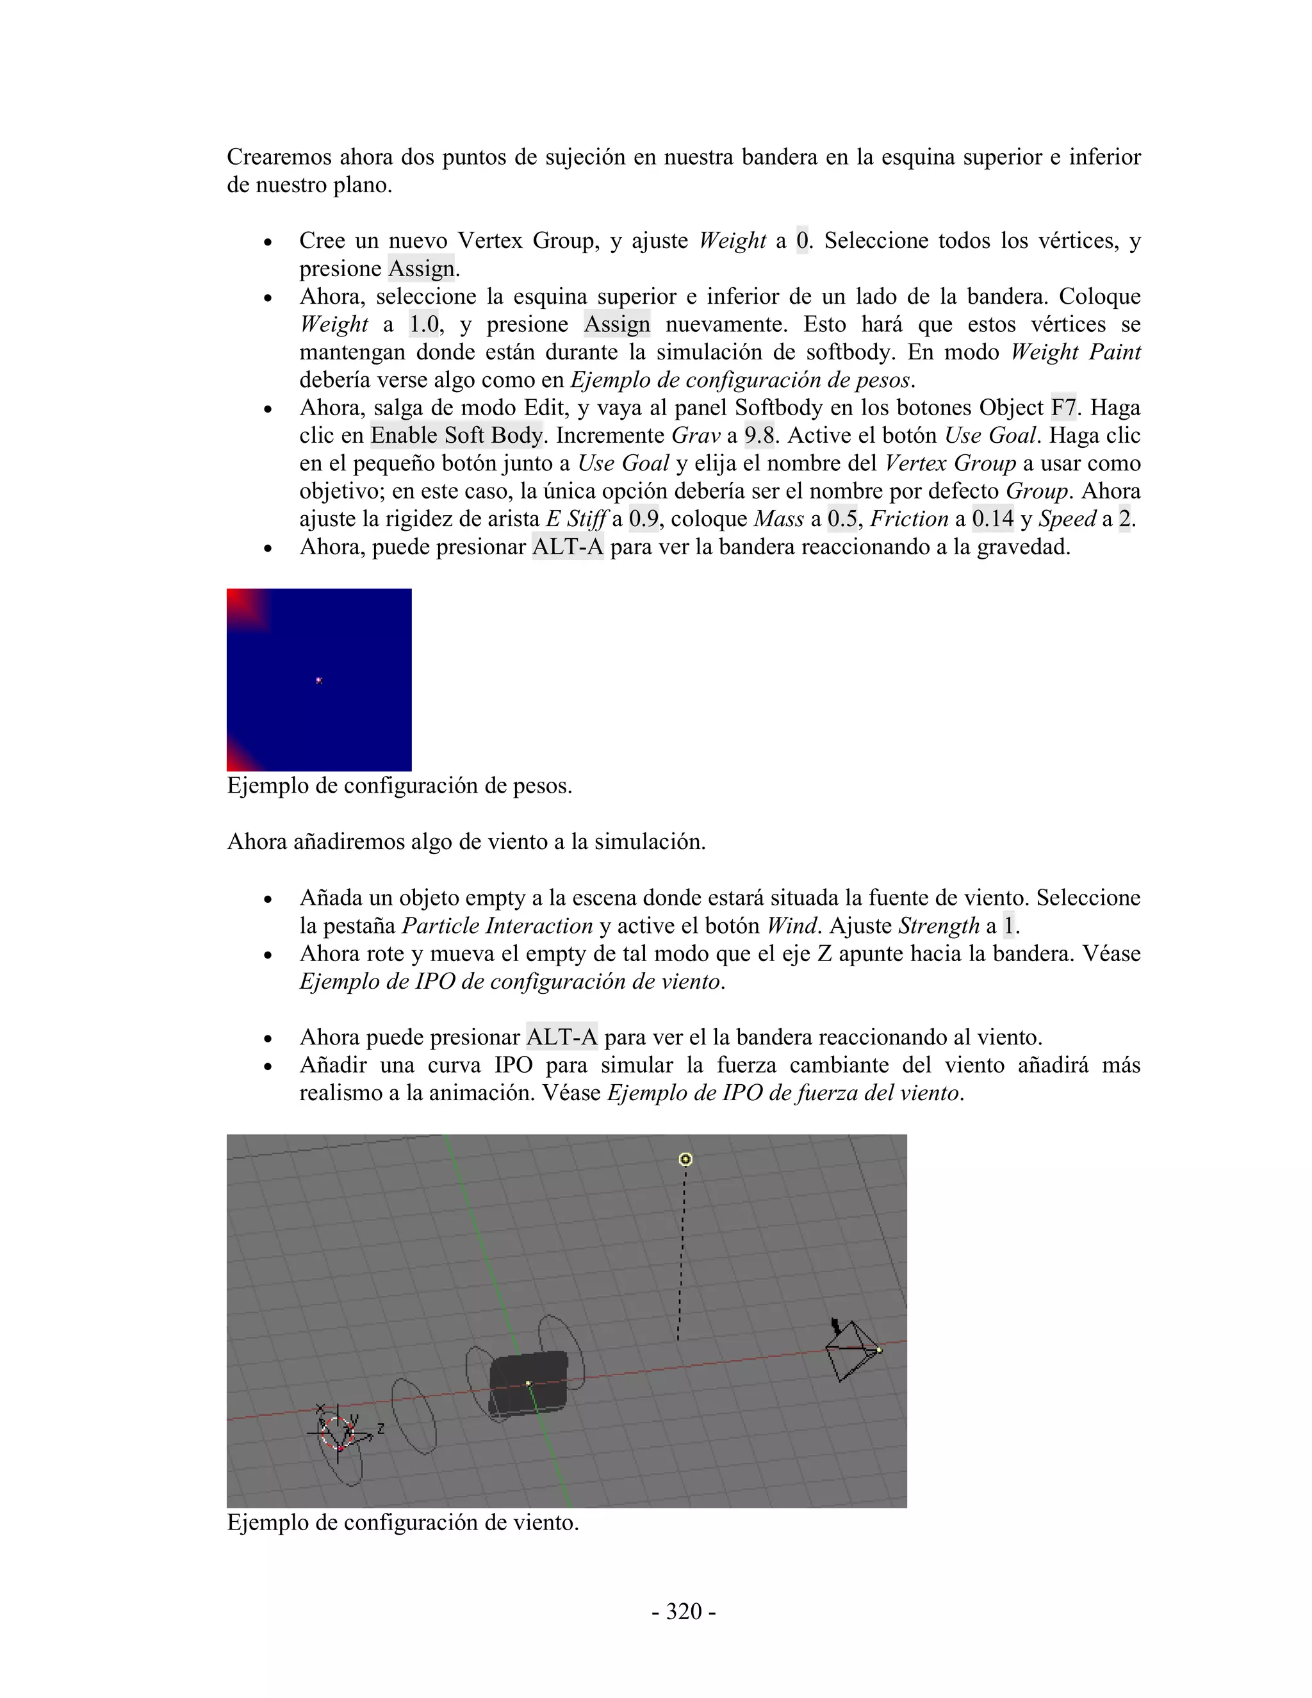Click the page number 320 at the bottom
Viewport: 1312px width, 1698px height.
pos(683,1611)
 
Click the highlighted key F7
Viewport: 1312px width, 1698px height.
pos(1063,408)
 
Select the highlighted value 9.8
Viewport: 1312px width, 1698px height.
pos(758,435)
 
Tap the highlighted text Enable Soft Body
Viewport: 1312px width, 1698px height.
pos(457,435)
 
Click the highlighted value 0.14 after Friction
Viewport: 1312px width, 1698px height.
pos(992,518)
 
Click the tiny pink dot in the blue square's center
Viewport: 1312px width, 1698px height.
pos(318,680)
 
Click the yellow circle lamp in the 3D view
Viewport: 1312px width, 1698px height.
pos(685,1159)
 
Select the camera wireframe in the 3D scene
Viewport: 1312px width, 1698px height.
pos(851,1351)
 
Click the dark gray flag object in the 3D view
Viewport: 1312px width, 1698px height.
pos(529,1385)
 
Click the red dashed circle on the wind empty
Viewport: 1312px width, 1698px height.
pos(338,1433)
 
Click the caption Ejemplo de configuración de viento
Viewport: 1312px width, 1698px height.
pos(402,1522)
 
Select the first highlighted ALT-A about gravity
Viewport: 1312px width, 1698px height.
pos(568,547)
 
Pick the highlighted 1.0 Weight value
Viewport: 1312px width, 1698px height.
pos(424,324)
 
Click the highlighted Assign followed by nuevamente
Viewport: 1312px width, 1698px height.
pos(617,324)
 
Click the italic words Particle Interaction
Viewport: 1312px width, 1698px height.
pos(496,925)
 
